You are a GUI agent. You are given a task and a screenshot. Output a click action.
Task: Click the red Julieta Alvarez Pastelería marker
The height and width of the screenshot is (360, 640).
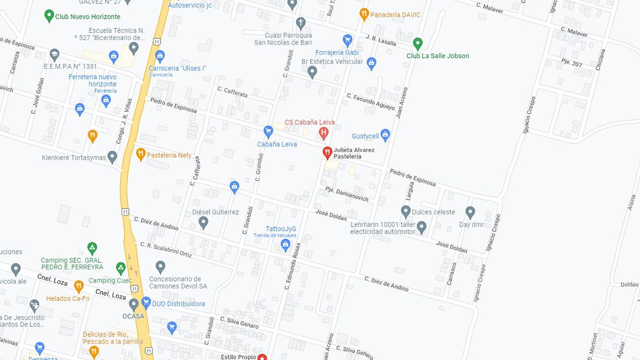(327, 153)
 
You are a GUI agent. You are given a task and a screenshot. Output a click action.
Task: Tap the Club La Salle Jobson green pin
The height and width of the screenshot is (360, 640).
(418, 43)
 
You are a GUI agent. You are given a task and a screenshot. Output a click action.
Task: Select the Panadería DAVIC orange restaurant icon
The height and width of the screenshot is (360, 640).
(364, 14)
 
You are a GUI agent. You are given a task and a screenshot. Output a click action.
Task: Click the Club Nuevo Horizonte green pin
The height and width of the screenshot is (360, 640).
(49, 15)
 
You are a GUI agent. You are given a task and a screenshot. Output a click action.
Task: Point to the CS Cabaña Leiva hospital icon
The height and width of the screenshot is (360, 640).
(323, 132)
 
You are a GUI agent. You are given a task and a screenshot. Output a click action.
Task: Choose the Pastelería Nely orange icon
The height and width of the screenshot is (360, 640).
(140, 154)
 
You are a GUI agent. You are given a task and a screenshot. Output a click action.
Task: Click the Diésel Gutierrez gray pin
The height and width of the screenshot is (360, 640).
(203, 222)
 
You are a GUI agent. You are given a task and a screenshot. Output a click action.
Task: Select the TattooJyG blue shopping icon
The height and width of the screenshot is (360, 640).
(285, 244)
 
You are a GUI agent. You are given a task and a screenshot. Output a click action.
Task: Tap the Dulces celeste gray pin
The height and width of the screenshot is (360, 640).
(406, 212)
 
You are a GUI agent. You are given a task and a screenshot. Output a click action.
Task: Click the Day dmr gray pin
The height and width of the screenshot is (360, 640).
(470, 212)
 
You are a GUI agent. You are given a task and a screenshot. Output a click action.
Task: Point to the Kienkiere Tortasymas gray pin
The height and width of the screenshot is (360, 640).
(112, 157)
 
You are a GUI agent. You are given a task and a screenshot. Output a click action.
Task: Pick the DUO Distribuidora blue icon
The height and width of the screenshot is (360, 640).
(146, 302)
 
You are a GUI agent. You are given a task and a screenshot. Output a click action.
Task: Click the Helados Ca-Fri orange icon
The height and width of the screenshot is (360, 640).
(79, 286)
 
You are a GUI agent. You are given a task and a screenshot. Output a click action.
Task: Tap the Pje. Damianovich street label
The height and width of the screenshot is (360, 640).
(347, 194)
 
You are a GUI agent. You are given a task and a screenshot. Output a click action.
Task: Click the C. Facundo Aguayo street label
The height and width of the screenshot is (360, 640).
(371, 102)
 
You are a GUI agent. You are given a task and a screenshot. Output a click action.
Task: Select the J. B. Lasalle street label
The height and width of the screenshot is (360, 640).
(381, 41)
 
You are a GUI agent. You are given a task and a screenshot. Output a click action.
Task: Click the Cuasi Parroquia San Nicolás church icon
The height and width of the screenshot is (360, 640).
(301, 23)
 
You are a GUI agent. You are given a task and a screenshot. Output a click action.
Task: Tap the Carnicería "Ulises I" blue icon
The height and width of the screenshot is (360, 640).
(160, 56)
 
